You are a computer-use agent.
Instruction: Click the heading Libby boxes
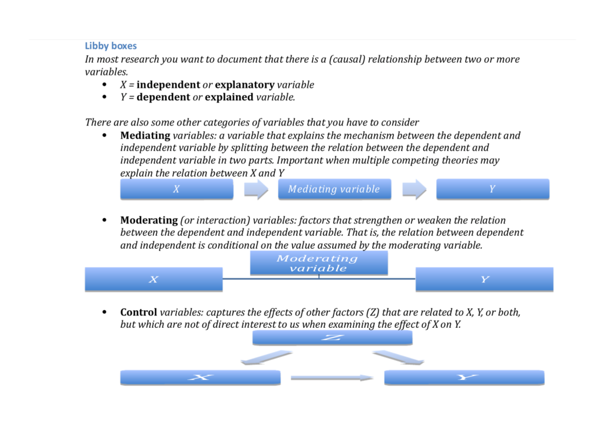(110, 46)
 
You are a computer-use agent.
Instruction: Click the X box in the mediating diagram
(177, 189)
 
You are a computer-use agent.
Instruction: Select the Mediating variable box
(334, 189)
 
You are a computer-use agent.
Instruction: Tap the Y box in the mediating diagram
(493, 189)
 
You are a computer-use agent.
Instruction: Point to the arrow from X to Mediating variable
(256, 190)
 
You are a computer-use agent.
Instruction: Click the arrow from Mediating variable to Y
(414, 190)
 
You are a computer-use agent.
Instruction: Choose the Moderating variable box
(319, 263)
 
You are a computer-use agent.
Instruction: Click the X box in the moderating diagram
(154, 279)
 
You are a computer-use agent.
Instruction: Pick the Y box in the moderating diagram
(485, 279)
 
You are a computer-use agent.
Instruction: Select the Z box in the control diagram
(332, 338)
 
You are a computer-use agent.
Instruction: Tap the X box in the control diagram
(200, 377)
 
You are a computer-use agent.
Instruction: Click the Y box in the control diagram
(464, 377)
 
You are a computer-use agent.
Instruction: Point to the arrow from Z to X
(266, 358)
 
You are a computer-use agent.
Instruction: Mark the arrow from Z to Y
(398, 358)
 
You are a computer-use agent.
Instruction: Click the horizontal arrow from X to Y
(332, 378)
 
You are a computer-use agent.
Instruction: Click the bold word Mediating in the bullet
(145, 135)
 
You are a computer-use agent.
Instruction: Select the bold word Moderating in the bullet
(149, 221)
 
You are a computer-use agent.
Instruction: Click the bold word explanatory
(245, 85)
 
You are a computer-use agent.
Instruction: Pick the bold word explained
(229, 97)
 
